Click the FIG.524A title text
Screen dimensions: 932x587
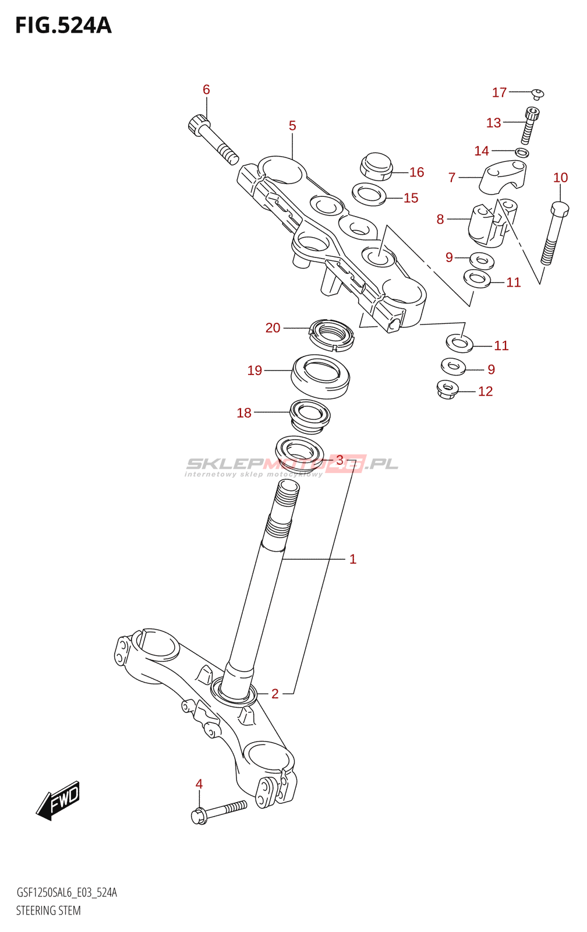tap(63, 26)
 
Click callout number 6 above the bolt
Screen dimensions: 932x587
tap(206, 90)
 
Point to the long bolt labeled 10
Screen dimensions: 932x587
tap(554, 233)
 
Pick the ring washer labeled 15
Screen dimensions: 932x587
tap(369, 194)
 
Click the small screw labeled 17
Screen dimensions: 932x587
tap(538, 93)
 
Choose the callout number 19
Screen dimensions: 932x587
tap(254, 370)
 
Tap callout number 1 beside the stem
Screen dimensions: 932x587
tap(352, 559)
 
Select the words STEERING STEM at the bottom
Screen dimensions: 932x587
tap(48, 910)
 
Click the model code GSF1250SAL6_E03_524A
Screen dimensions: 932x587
tap(66, 892)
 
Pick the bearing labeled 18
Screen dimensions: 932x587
tap(310, 416)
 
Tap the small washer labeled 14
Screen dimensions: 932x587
tap(522, 153)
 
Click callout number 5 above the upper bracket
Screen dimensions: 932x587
tap(292, 126)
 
